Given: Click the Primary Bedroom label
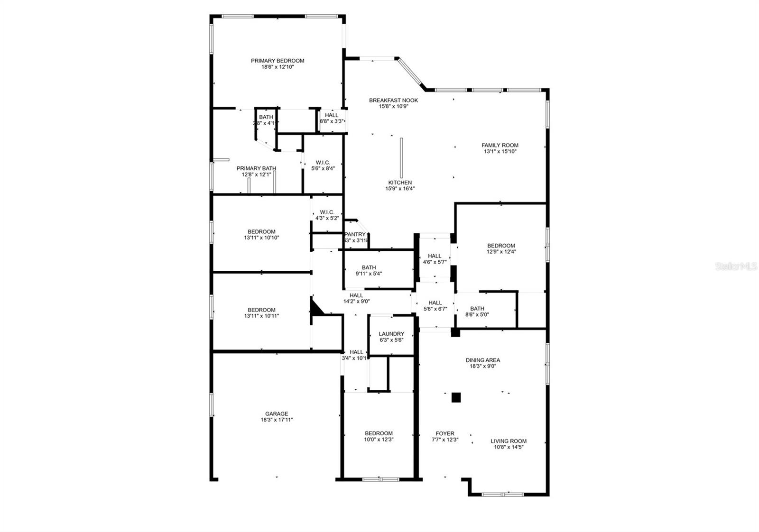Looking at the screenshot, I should [x=278, y=61].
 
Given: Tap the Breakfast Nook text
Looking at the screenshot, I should [x=393, y=100].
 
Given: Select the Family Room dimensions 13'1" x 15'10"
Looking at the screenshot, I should [x=500, y=152].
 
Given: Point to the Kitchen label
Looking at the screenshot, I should [x=400, y=183].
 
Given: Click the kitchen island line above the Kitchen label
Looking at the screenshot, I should [x=401, y=157].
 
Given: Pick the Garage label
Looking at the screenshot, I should [x=277, y=414].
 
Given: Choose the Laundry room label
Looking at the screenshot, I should [x=391, y=334].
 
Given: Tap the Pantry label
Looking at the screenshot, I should [x=355, y=234].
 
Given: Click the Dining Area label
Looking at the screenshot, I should [x=482, y=360].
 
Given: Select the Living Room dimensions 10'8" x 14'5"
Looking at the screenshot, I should [x=508, y=447].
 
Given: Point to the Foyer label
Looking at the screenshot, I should [x=445, y=433].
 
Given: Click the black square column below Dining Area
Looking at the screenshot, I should [x=456, y=397].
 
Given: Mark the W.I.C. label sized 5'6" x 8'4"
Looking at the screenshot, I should [x=323, y=163].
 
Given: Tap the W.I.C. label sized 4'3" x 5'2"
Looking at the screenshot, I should [x=327, y=212].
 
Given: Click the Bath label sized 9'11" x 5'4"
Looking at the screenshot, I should [x=369, y=267].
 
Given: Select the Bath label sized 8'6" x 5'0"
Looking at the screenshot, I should [x=477, y=309].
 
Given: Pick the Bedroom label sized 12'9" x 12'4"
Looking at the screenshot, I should [x=501, y=246].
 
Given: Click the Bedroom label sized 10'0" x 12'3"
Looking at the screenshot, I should [x=379, y=433].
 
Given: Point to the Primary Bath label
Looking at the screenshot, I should [x=256, y=168].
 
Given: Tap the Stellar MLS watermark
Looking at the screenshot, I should [x=736, y=267].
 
